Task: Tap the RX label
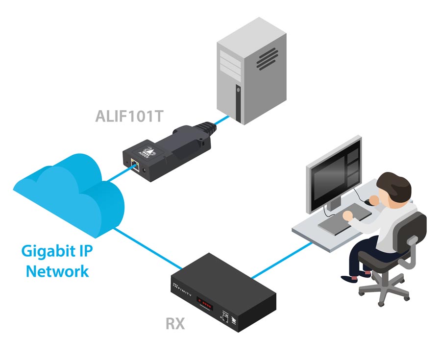click(x=174, y=324)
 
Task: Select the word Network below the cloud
click(x=57, y=271)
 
